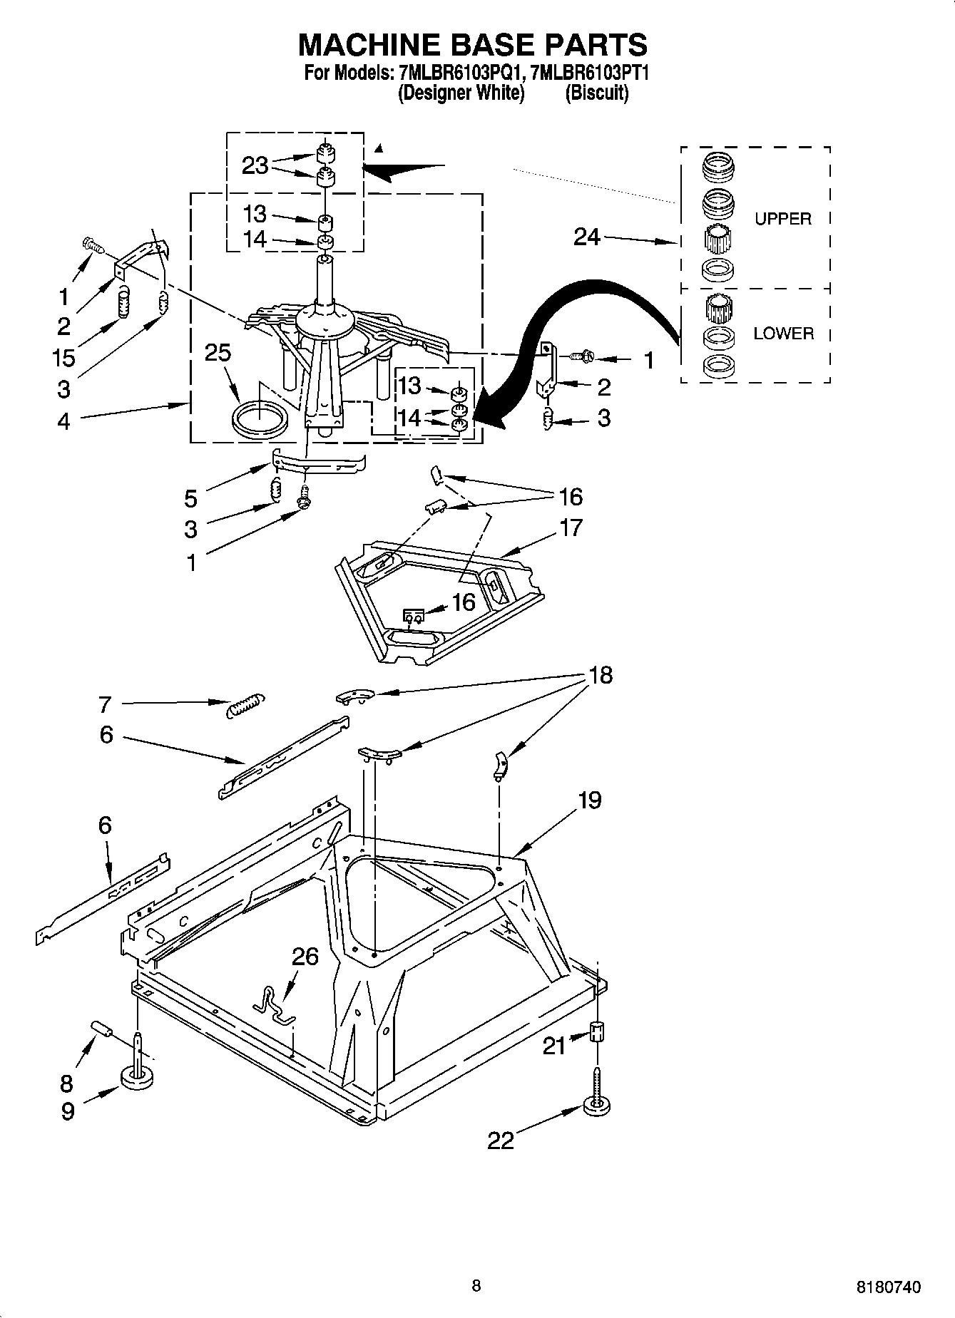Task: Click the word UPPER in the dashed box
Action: click(x=782, y=219)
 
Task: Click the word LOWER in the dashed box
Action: click(x=782, y=334)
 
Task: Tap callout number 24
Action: click(x=587, y=237)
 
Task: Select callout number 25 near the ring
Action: click(x=218, y=352)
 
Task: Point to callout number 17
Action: click(x=571, y=528)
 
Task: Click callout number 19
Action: click(x=589, y=800)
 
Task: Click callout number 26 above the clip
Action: click(x=305, y=956)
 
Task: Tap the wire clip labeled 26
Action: click(x=271, y=1004)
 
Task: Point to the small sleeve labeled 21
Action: click(x=597, y=1031)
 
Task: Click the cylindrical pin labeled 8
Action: click(x=102, y=1030)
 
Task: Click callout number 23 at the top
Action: click(x=255, y=165)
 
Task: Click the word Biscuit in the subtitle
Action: click(x=596, y=93)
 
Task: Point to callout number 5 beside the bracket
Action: click(x=191, y=497)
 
